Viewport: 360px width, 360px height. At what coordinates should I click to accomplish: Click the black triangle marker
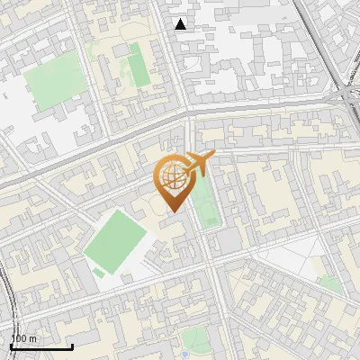coord(181,24)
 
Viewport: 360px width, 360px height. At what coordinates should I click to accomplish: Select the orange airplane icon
coord(199,164)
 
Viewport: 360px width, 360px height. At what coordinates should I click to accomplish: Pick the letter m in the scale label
coord(33,338)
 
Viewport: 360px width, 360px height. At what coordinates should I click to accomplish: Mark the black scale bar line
coord(41,346)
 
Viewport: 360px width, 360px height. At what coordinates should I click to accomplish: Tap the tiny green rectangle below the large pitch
coord(97,271)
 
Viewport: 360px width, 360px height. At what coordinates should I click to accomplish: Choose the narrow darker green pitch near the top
coord(138,66)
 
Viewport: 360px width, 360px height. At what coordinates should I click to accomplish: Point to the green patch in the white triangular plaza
coord(330,283)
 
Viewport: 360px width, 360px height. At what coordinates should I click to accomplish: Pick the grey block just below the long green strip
coord(228,240)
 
